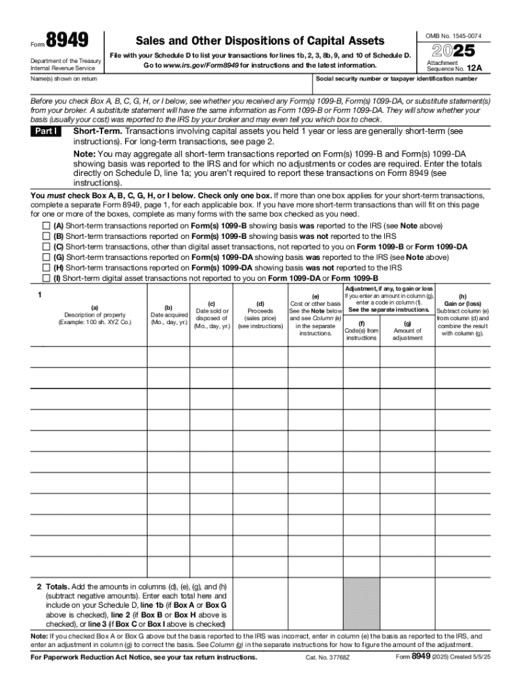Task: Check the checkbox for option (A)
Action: [x=46, y=226]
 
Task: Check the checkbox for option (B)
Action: [x=46, y=236]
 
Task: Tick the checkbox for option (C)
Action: [x=46, y=247]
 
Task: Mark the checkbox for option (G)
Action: [x=46, y=257]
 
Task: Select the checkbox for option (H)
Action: [x=46, y=267]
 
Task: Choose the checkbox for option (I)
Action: [x=46, y=278]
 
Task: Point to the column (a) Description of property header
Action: [x=94, y=315]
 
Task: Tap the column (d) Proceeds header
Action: [x=260, y=315]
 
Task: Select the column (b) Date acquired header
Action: [x=168, y=315]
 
